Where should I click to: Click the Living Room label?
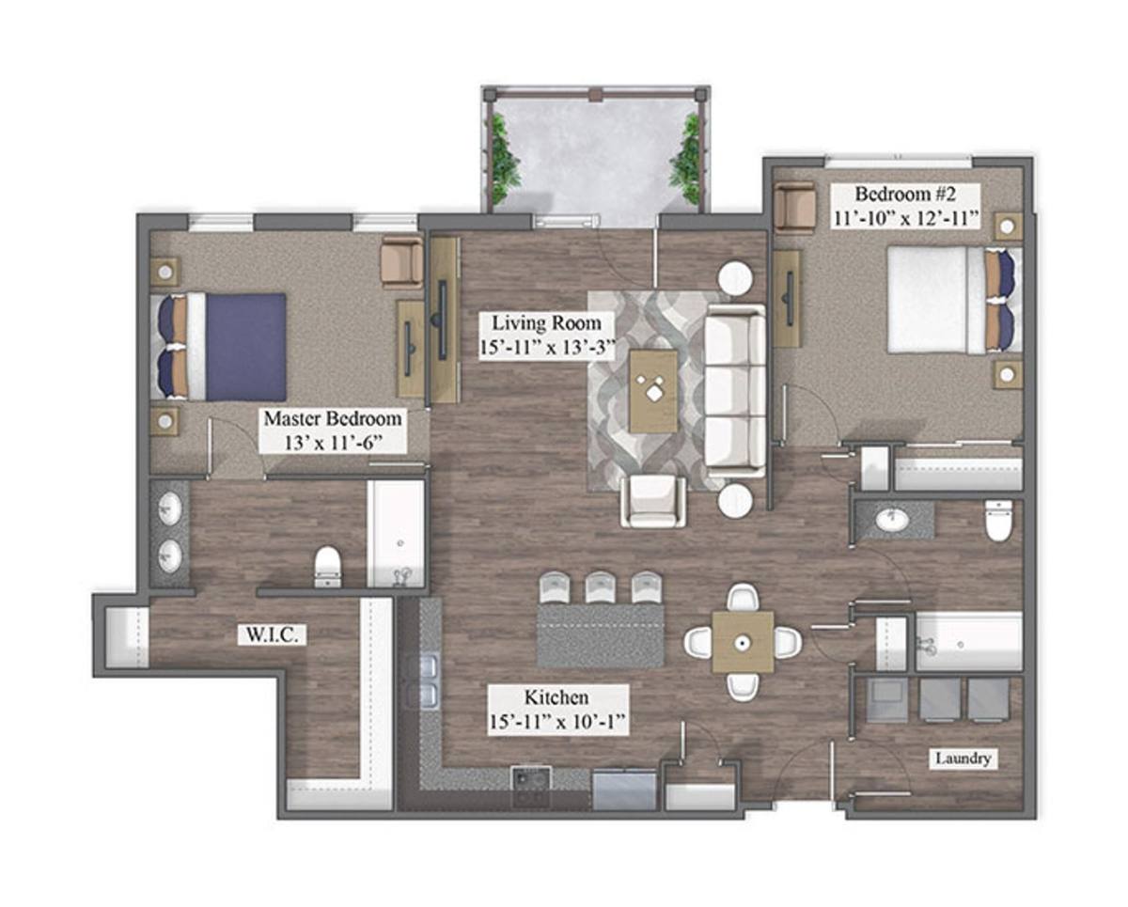coord(546,323)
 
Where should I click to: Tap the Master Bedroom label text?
coord(333,418)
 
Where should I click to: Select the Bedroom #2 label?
coord(905,194)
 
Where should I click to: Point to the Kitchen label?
coord(556,697)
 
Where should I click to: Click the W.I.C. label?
coord(272,635)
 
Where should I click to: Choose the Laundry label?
coord(963,758)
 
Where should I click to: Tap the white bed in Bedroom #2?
coord(954,300)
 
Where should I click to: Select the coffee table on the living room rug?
coord(653,391)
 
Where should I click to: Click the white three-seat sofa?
coord(735,391)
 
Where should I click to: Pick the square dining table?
coord(743,642)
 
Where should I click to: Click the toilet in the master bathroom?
coord(328,567)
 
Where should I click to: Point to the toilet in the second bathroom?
coord(998,521)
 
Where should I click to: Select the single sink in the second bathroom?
coord(893,520)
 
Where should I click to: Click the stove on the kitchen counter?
coord(531,786)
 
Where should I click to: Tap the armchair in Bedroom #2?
coord(794,206)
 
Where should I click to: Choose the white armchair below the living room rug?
coord(653,501)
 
